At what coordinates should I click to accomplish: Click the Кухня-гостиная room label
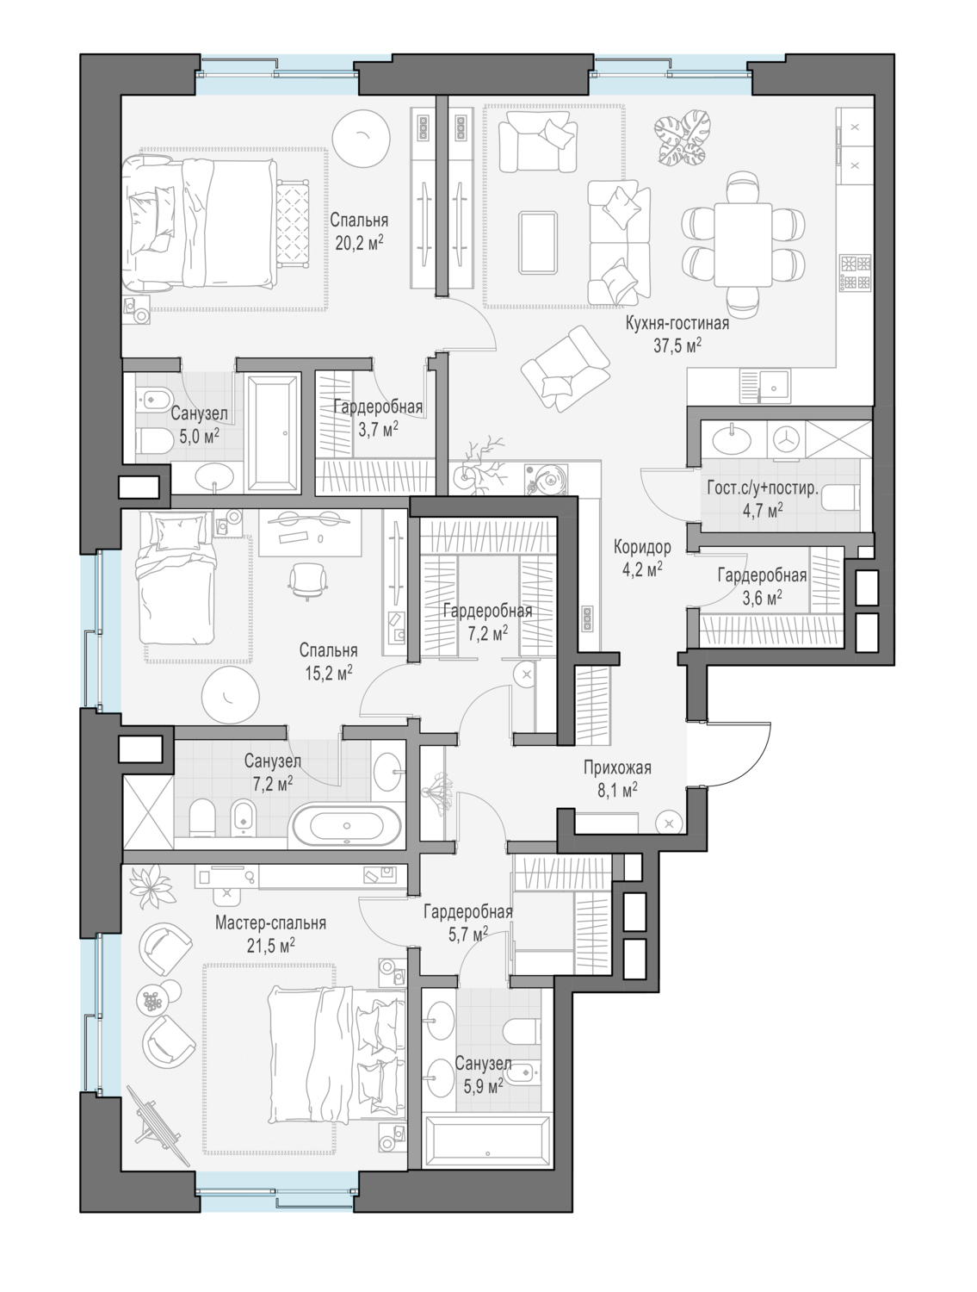[x=677, y=323]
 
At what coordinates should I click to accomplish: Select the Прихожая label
[x=617, y=767]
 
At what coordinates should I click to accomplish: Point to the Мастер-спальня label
[x=270, y=922]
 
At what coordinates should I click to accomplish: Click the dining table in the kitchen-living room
[x=742, y=244]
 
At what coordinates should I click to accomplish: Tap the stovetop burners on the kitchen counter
[x=856, y=272]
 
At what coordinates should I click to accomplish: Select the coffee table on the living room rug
[x=538, y=243]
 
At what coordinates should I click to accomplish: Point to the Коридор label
[x=642, y=547]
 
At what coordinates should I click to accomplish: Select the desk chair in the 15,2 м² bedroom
[x=307, y=579]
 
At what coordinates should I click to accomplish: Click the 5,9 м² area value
[x=483, y=1085]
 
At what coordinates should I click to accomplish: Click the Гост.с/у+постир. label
[x=763, y=488]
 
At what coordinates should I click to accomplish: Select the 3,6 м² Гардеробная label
[x=762, y=575]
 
